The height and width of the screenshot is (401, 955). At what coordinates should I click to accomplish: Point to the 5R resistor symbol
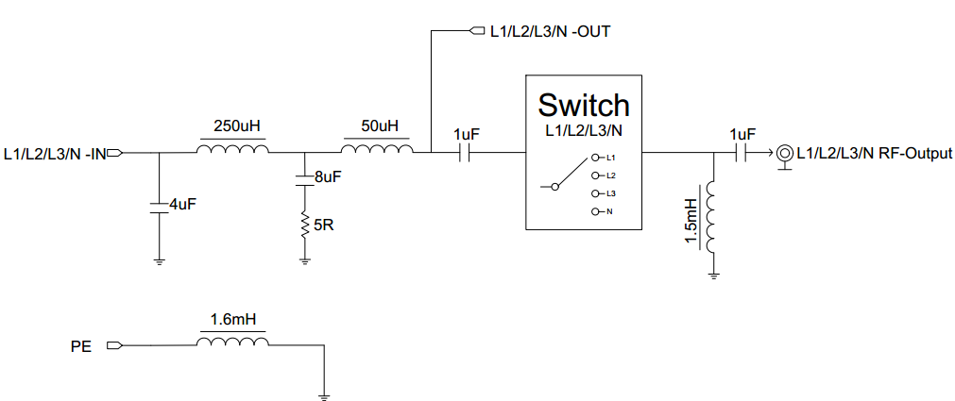304,226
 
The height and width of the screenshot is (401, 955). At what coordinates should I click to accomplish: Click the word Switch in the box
583,104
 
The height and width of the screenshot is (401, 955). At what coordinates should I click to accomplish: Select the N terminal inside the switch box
597,211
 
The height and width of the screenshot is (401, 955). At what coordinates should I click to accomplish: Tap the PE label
81,346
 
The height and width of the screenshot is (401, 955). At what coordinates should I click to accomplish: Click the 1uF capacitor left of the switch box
468,152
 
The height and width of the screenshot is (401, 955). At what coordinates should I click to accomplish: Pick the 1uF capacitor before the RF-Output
742,152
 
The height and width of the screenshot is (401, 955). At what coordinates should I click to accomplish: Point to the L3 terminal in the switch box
597,192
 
